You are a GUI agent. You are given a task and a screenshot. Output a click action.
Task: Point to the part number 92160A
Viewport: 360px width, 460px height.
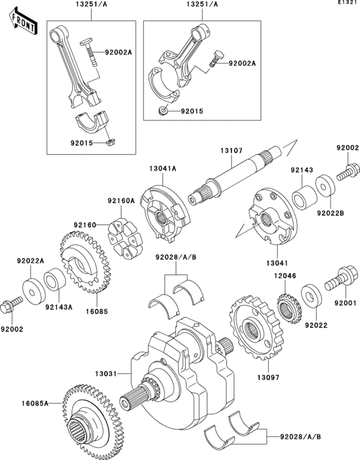(121, 200)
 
